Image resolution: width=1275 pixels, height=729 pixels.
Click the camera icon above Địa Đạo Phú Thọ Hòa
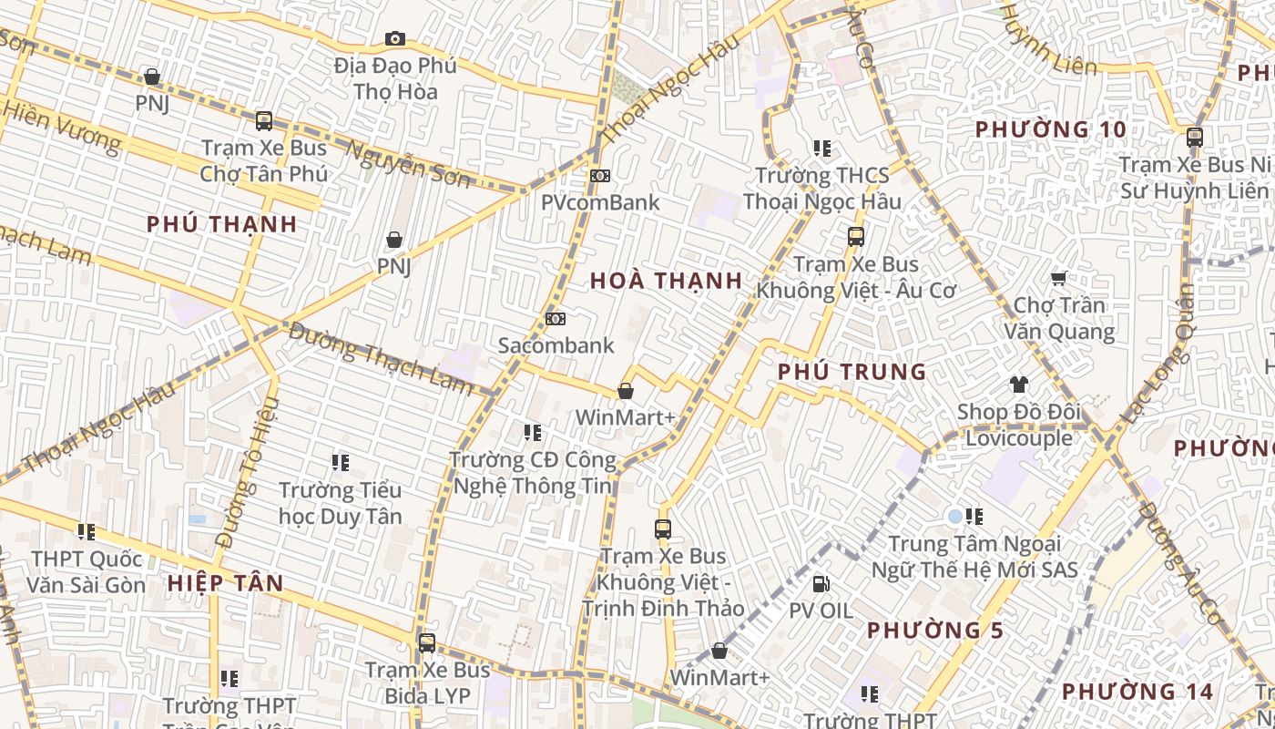click(x=394, y=38)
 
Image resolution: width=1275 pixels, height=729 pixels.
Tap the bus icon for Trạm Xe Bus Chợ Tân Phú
click(x=264, y=120)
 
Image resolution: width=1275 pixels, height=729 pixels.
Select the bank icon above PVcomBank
click(x=599, y=175)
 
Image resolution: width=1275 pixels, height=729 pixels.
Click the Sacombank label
click(x=556, y=345)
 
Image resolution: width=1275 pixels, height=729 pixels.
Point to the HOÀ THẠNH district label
click(x=666, y=281)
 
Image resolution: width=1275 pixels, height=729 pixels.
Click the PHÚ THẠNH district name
click(x=222, y=224)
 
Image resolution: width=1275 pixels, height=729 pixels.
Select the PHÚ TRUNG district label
click(x=852, y=372)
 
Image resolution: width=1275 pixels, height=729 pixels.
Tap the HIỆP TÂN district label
click(x=225, y=583)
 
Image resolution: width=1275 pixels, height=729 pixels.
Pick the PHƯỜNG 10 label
click(x=1051, y=129)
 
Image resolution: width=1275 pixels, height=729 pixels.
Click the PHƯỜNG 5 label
click(x=935, y=630)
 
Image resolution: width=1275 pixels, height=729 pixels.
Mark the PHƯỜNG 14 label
click(x=1137, y=692)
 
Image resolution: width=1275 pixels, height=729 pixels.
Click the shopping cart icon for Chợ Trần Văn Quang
click(x=1058, y=278)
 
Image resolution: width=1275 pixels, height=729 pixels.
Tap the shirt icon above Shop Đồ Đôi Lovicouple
click(x=1018, y=385)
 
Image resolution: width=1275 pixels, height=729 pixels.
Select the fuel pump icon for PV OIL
click(x=821, y=583)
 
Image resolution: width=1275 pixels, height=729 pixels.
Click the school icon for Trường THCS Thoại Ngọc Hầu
click(x=822, y=148)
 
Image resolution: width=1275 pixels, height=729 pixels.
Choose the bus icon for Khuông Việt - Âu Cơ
click(x=855, y=237)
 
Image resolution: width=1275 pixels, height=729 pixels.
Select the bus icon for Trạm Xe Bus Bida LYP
click(x=426, y=642)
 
